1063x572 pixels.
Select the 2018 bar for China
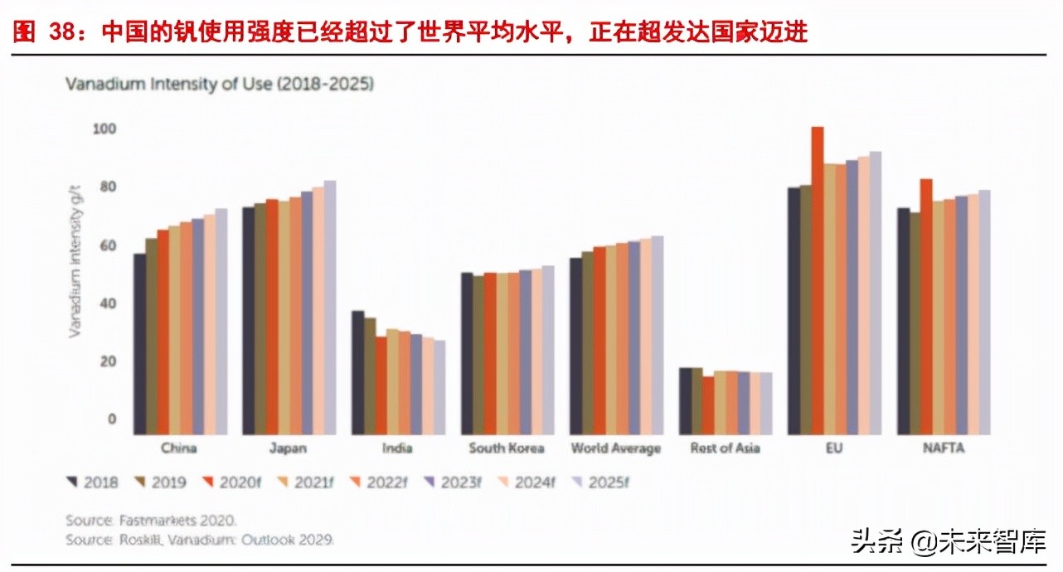140,344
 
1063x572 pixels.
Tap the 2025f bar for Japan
329,308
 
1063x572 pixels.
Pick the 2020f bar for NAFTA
926,307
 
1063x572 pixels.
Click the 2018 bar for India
357,372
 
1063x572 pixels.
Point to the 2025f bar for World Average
657,335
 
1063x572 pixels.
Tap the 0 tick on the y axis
111,419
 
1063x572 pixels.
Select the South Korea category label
506,448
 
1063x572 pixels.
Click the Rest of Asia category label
725,448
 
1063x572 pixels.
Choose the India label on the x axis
397,448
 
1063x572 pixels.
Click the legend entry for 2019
161,482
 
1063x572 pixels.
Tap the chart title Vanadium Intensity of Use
220,84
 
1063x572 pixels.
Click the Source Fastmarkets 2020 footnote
152,521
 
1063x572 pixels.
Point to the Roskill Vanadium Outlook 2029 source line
200,539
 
